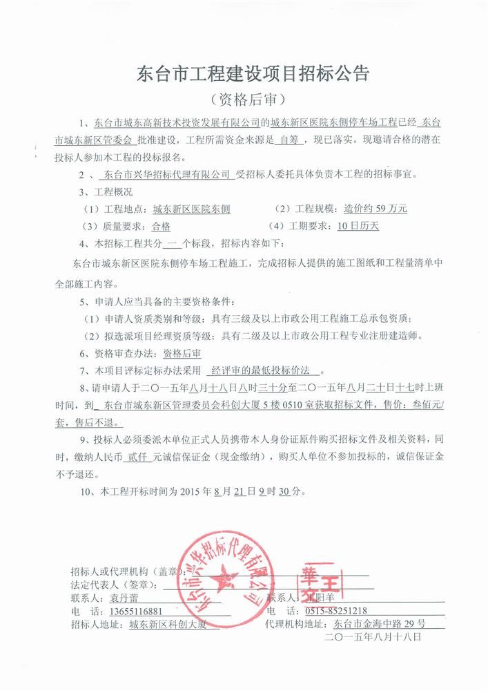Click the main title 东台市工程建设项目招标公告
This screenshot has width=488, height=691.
[244, 73]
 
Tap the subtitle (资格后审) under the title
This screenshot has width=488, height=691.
[244, 99]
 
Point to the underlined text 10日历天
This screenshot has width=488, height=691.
[358, 225]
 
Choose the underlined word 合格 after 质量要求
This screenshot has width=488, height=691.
[160, 226]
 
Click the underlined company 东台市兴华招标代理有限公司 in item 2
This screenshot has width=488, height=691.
[165, 175]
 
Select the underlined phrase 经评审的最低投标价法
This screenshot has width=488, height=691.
[267, 370]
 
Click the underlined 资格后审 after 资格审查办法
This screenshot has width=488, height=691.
[177, 353]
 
